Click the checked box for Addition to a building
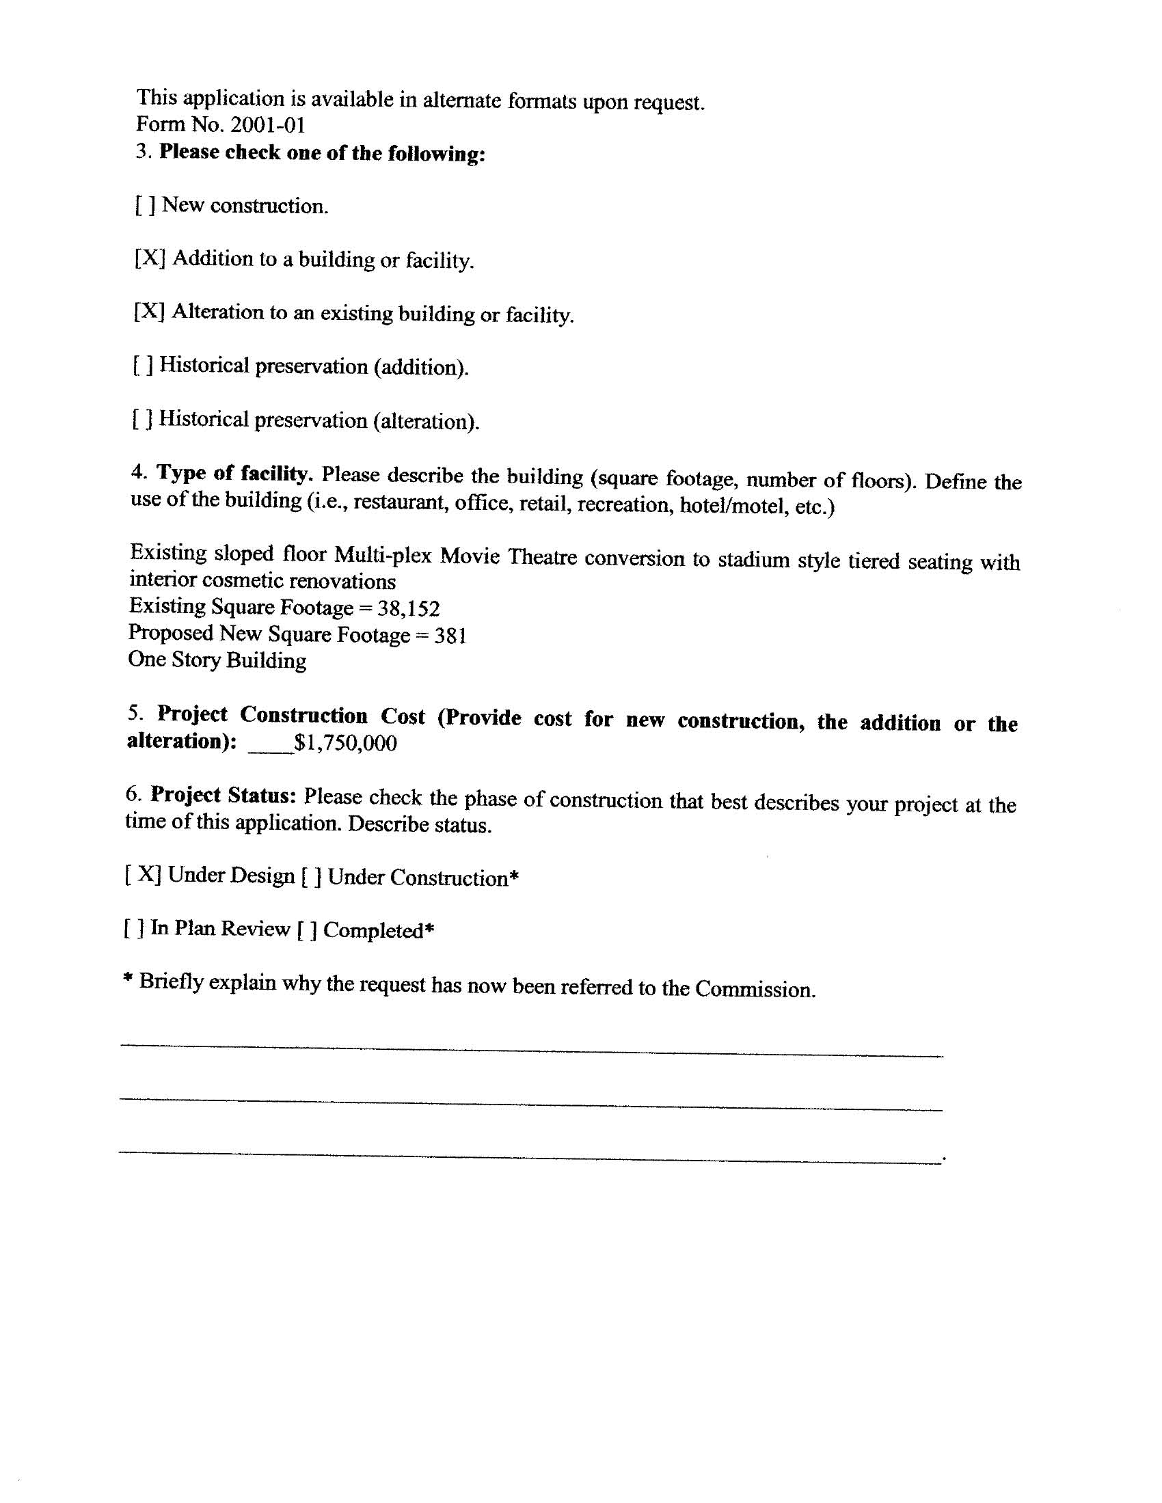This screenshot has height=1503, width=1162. [150, 259]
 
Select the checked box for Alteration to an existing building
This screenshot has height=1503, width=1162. [149, 312]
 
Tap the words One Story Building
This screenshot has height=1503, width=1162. [217, 660]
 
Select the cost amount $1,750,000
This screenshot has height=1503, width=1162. [345, 743]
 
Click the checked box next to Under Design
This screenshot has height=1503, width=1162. [143, 875]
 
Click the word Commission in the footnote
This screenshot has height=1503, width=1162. [755, 989]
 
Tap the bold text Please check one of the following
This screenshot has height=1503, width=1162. [322, 153]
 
